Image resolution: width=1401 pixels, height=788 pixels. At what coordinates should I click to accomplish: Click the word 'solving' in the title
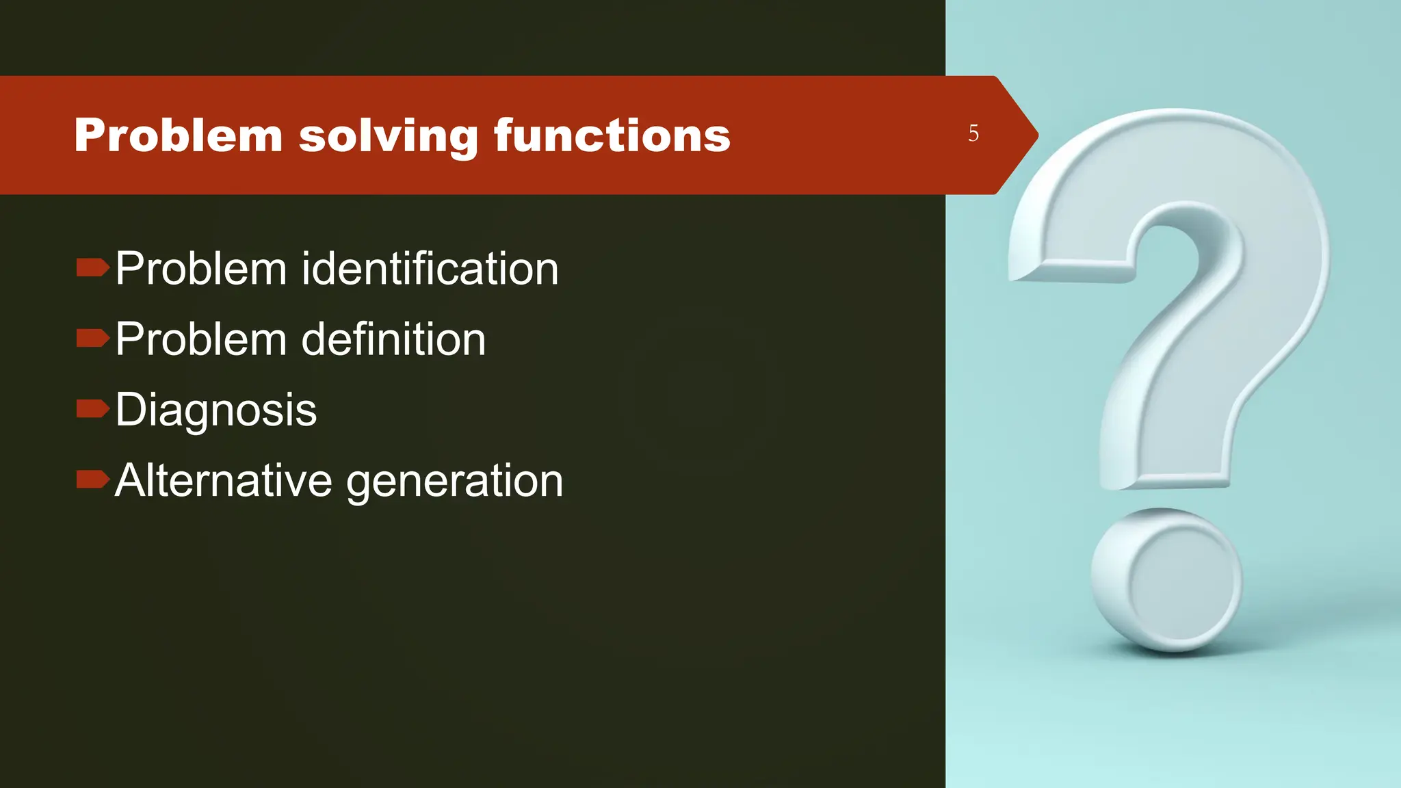389,135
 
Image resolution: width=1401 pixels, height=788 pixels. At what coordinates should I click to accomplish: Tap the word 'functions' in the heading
612,135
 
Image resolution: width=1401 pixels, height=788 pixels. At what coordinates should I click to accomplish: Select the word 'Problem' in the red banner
178,135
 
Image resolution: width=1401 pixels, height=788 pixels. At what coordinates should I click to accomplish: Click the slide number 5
973,133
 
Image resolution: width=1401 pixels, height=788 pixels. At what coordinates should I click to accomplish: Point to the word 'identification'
430,268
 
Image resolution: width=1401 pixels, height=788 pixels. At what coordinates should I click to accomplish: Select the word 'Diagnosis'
215,410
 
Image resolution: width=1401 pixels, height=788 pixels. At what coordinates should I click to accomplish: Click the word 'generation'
454,482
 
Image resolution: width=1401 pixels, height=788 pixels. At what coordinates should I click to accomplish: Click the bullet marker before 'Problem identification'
92,267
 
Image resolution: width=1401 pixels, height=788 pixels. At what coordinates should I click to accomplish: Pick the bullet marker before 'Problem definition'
92,338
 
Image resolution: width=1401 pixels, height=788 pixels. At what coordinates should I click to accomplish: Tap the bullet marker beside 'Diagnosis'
92,409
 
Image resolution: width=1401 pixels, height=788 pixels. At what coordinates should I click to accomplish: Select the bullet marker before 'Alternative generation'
92,480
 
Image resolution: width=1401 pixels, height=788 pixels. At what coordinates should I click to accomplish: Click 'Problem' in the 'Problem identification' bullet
200,268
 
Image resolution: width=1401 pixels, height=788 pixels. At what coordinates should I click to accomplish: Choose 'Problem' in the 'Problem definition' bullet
200,339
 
